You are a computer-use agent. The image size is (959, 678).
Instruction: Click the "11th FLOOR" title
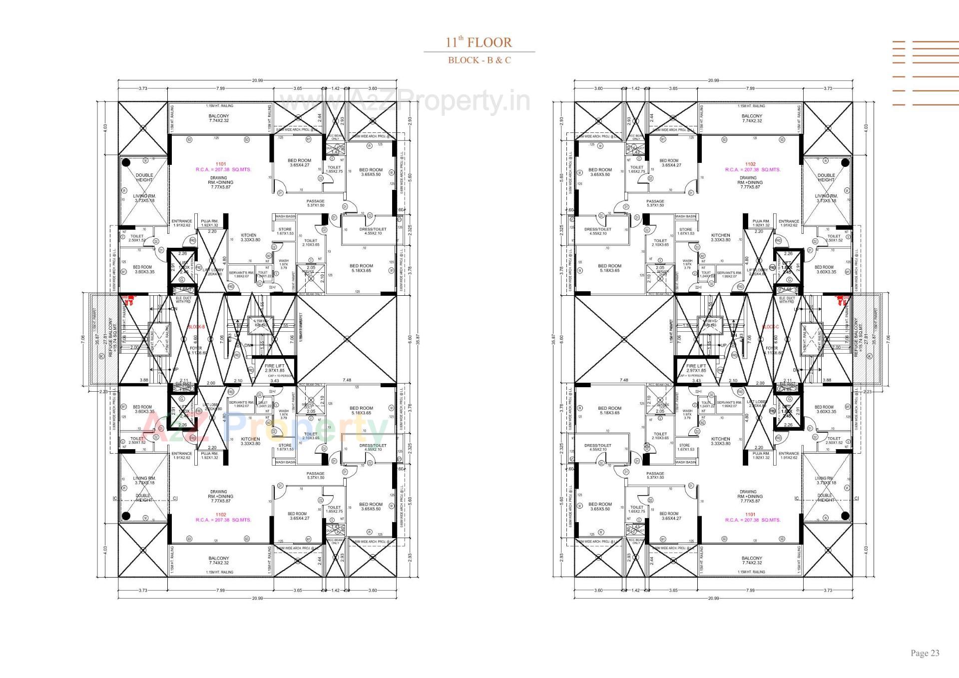pos(479,42)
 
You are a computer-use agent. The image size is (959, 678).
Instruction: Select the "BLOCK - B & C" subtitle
pos(479,60)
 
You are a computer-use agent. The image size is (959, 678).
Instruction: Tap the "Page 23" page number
pos(925,653)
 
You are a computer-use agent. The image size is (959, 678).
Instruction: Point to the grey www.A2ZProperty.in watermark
pos(405,101)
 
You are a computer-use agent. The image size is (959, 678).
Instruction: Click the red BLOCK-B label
pos(196,327)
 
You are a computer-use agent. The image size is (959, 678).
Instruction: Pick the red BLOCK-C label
pos(770,327)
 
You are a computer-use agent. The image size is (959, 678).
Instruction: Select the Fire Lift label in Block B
pos(274,368)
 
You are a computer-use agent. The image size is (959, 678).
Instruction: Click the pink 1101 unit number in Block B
pos(220,164)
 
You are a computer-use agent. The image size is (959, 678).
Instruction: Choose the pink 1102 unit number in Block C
pos(750,164)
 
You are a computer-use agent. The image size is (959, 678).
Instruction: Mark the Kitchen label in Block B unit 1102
pos(250,441)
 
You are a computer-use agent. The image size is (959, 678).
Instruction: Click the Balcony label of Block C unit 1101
pos(752,560)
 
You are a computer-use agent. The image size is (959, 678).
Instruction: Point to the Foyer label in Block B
pos(195,350)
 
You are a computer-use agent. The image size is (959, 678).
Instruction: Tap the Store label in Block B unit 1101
pos(285,231)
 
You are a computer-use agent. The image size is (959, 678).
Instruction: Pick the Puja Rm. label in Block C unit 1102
pos(761,223)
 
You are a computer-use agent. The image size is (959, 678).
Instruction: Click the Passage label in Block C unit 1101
pos(655,475)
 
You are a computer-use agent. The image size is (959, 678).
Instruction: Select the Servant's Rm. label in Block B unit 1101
pos(241,274)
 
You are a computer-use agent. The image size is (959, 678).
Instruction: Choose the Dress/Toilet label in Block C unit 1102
pos(597,231)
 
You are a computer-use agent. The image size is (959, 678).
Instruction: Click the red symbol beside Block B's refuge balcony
pos(129,300)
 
